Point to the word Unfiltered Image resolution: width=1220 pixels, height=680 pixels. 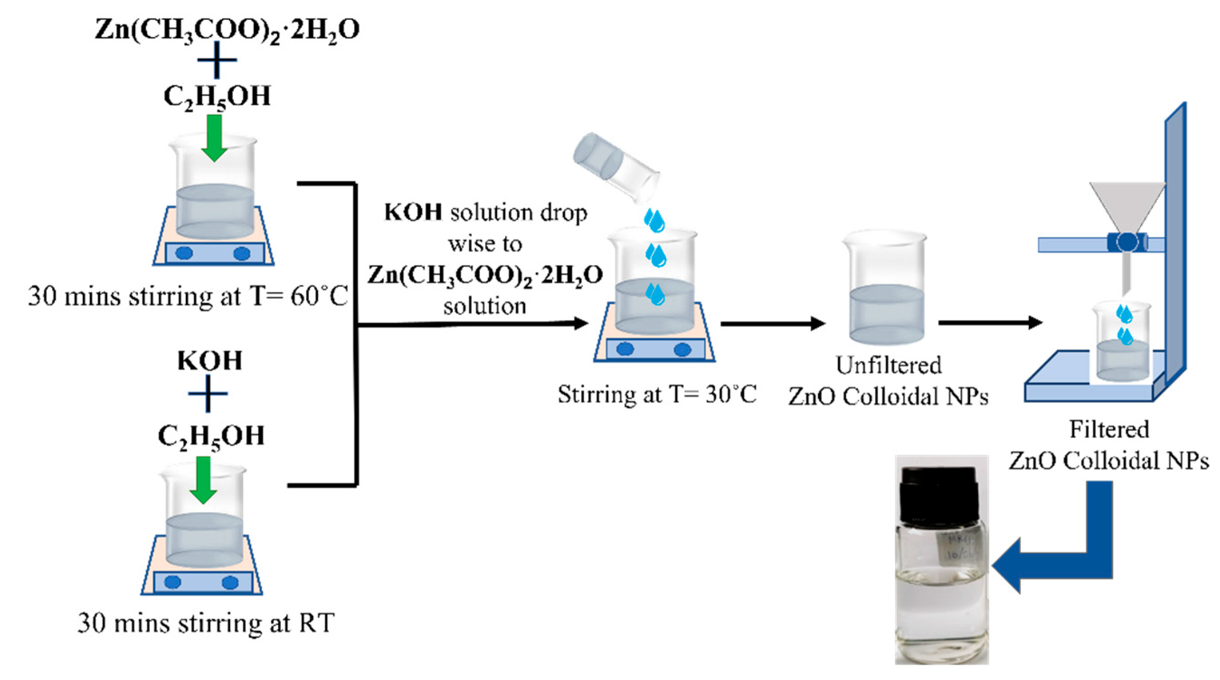[x=889, y=366]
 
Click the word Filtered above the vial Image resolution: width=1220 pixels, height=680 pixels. [x=1109, y=430]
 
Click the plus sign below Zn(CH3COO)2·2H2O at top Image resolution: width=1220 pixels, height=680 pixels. [x=217, y=60]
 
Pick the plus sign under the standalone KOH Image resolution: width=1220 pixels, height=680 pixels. [x=208, y=393]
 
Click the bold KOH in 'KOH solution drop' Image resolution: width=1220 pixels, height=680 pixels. [x=413, y=212]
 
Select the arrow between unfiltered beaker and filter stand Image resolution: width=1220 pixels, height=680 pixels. [x=990, y=323]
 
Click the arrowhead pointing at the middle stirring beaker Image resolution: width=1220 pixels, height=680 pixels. [x=580, y=323]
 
